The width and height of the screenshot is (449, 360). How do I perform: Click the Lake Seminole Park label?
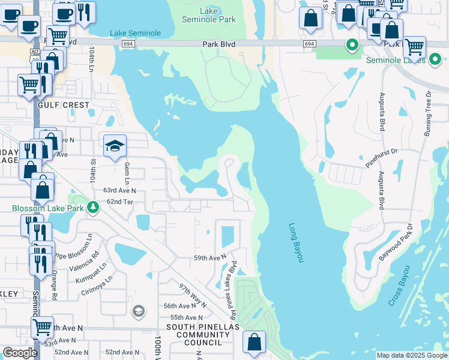(208, 15)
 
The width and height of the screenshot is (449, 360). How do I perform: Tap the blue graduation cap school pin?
(115, 146)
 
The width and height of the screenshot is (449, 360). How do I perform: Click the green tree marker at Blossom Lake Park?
(92, 208)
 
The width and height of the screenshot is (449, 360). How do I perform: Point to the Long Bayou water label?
(296, 243)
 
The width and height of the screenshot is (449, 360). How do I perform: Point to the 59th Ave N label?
(209, 257)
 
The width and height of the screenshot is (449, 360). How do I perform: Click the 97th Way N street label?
(192, 295)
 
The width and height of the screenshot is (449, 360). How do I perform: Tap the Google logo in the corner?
(20, 353)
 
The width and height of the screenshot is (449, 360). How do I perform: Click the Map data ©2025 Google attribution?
(412, 355)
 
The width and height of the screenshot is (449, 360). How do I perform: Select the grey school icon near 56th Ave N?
(138, 310)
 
